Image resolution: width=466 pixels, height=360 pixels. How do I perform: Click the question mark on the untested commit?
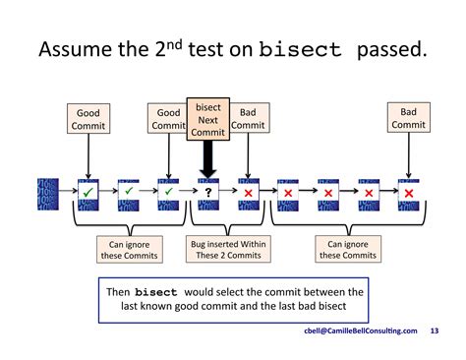[x=208, y=193]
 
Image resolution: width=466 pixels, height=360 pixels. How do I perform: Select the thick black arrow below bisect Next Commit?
[x=208, y=158]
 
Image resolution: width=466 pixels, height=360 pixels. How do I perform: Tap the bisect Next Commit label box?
[x=208, y=119]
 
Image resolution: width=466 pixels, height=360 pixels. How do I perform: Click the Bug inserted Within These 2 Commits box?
[x=227, y=250]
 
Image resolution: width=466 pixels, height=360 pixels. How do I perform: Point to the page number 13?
[x=436, y=331]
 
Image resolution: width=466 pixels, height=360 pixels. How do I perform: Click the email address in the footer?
[x=360, y=331]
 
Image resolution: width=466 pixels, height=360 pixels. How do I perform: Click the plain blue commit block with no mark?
[x=48, y=193]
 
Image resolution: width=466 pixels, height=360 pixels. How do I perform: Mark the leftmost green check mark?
[x=88, y=193]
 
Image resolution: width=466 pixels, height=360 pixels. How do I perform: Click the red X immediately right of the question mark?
[x=249, y=193]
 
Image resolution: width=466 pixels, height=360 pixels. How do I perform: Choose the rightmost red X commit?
[x=408, y=193]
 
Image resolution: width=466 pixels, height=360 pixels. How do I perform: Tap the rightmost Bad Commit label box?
[x=408, y=119]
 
